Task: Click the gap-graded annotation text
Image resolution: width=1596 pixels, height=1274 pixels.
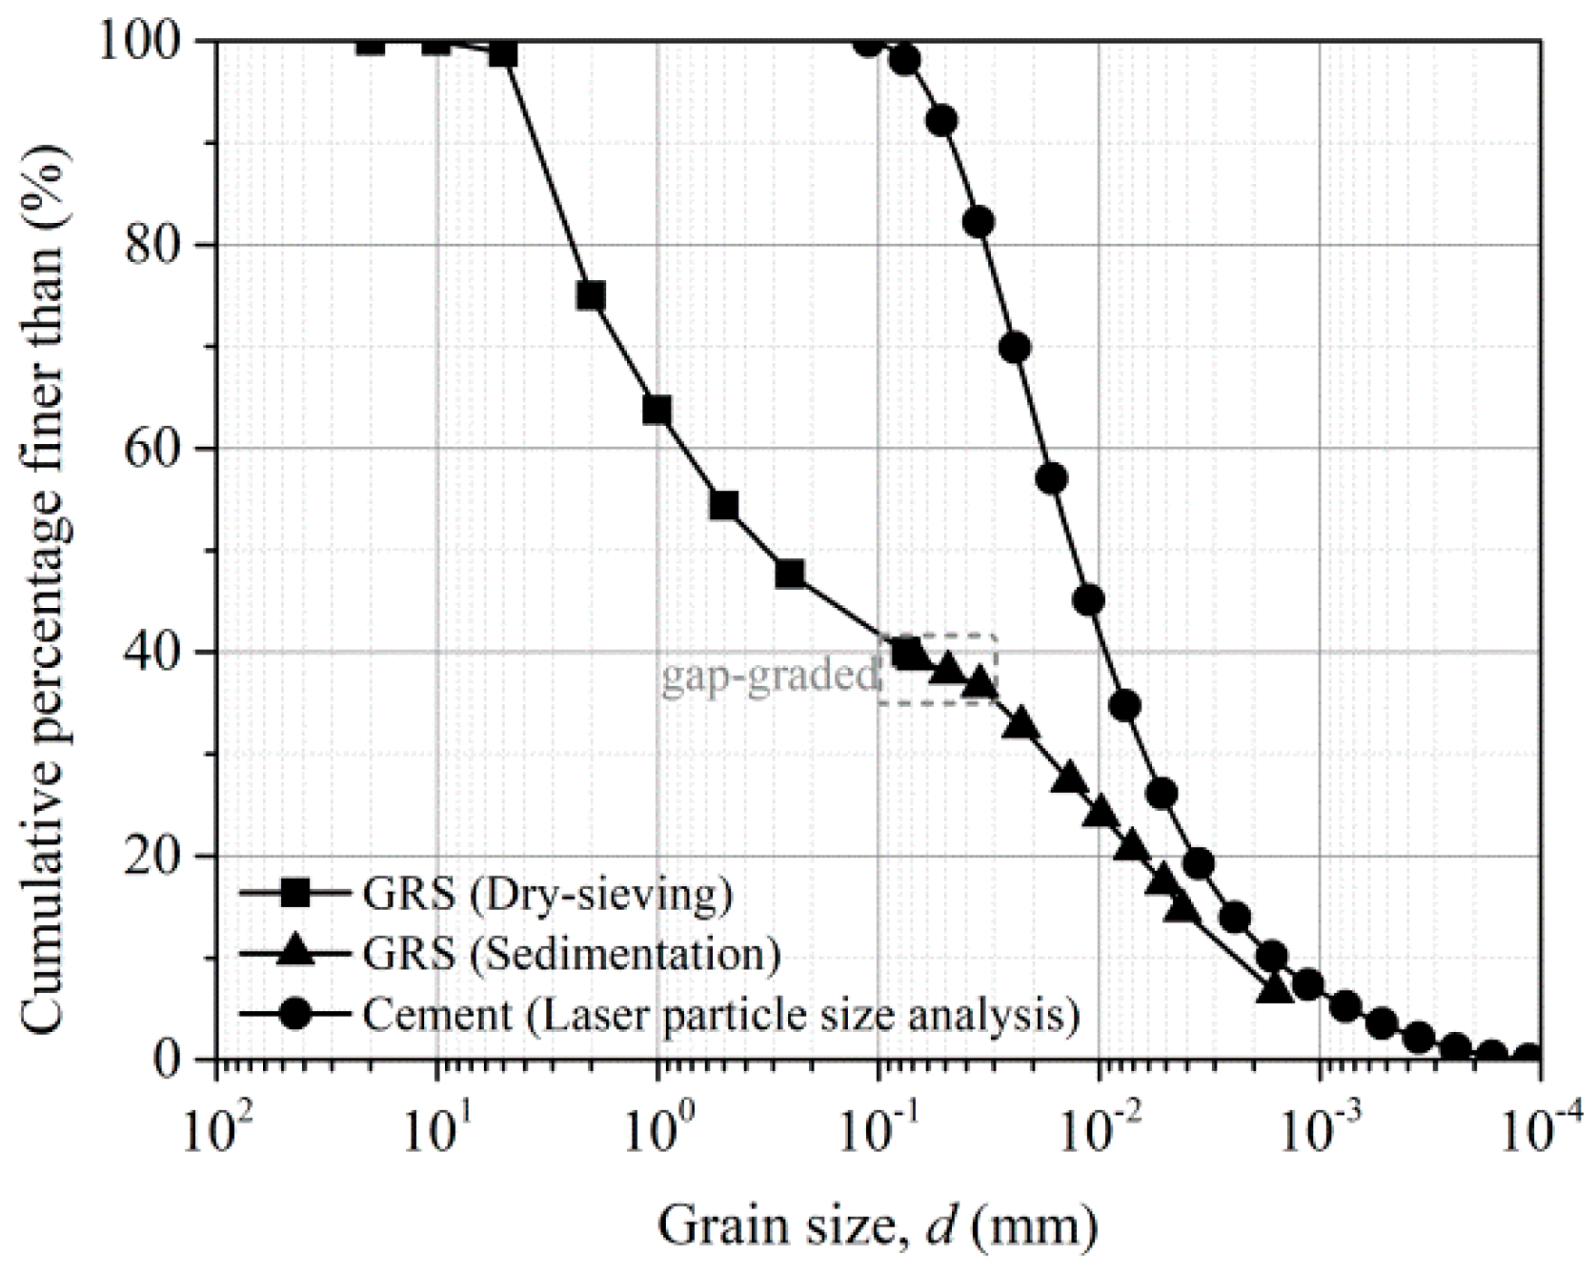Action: click(768, 676)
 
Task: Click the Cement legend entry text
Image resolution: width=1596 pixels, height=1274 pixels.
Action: click(720, 1014)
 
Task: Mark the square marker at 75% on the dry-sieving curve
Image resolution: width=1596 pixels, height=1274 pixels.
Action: click(591, 296)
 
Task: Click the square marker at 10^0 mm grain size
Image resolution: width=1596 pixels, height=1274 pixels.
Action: click(657, 411)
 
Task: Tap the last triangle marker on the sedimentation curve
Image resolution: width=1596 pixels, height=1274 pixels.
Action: click(1275, 989)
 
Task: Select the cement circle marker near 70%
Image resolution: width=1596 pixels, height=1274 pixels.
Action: click(1016, 347)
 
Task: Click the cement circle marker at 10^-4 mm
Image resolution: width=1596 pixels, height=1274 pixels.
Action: click(1528, 1056)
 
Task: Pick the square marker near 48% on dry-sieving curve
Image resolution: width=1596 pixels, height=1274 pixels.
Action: click(789, 574)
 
